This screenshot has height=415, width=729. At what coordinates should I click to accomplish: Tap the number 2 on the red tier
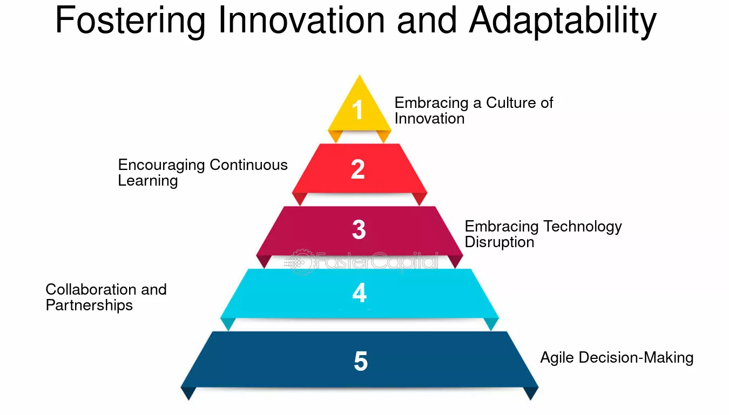[357, 169]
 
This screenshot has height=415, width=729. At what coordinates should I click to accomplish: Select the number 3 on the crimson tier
[359, 229]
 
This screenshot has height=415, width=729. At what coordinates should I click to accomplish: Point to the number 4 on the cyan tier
[359, 292]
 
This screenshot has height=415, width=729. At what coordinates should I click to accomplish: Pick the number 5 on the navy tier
[361, 361]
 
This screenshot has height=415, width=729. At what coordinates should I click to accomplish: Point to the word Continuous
[248, 165]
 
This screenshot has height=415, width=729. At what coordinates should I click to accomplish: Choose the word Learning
[148, 181]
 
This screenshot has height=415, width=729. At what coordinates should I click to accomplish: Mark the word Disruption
[500, 242]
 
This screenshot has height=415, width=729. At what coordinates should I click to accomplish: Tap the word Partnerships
[89, 305]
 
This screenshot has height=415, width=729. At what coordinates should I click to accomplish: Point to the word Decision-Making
[636, 358]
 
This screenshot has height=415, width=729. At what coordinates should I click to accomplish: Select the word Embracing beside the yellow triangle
[431, 104]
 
